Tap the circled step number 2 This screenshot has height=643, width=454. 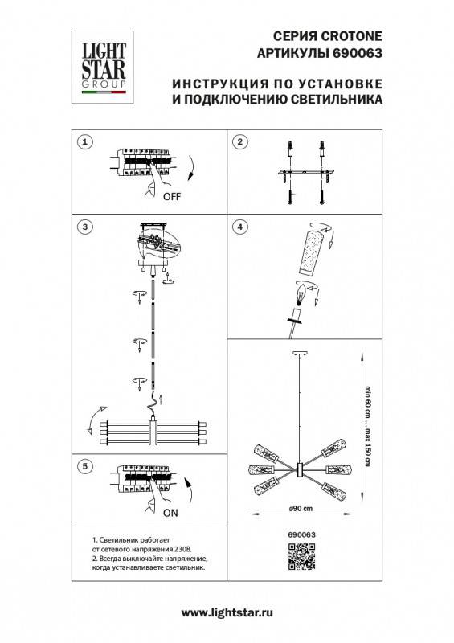click(239, 142)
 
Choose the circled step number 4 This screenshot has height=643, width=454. click(239, 227)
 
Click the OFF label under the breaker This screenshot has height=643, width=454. click(171, 195)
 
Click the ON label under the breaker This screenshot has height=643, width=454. click(171, 511)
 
